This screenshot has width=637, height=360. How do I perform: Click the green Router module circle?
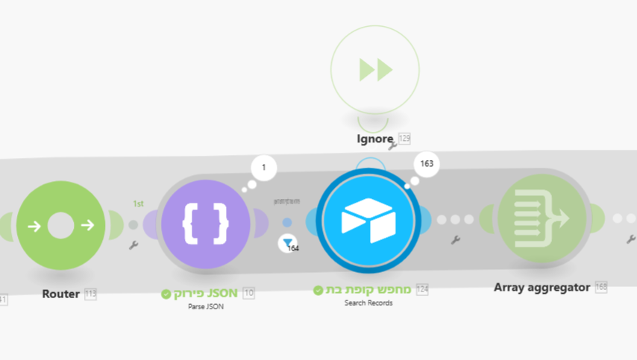(x=61, y=224)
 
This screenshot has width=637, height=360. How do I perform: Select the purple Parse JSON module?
(x=206, y=224)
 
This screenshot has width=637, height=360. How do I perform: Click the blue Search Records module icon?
(x=367, y=221)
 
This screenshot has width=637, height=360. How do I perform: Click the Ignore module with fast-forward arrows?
(x=375, y=70)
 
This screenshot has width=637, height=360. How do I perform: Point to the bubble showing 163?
(x=427, y=164)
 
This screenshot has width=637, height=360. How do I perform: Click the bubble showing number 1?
(x=263, y=168)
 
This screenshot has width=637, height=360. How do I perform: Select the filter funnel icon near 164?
(x=287, y=243)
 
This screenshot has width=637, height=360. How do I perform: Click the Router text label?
(x=61, y=294)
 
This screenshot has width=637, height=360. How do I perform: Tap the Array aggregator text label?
(x=542, y=287)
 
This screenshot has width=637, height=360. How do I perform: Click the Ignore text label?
(x=375, y=139)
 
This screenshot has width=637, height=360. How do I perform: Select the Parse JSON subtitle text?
(x=206, y=306)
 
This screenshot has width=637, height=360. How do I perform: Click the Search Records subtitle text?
(x=368, y=303)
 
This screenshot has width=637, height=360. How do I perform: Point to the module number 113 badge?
(x=90, y=294)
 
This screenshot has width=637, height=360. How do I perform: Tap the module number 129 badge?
(x=404, y=139)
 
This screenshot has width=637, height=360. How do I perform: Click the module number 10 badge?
(x=248, y=293)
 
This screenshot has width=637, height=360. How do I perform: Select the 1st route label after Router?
(x=139, y=203)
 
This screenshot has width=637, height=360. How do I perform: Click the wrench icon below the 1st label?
(x=134, y=244)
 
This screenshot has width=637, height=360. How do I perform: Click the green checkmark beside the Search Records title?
(x=318, y=291)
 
